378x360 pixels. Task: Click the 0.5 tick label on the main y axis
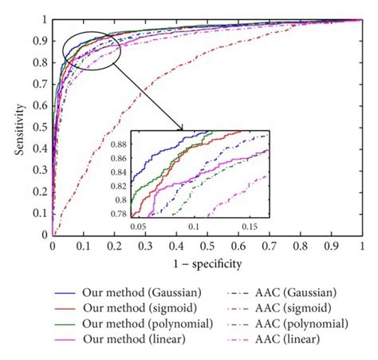pos(40,128)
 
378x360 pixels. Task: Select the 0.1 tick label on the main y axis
pos(40,214)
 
